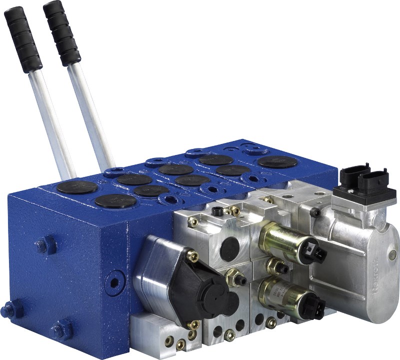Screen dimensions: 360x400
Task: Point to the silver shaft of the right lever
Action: click(x=90, y=115)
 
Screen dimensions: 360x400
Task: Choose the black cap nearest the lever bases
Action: click(x=77, y=187)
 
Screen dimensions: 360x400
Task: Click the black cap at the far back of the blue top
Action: click(x=277, y=161)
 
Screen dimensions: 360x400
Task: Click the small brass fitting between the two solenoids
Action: click(x=274, y=266)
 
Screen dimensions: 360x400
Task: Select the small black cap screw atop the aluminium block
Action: click(x=216, y=211)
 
